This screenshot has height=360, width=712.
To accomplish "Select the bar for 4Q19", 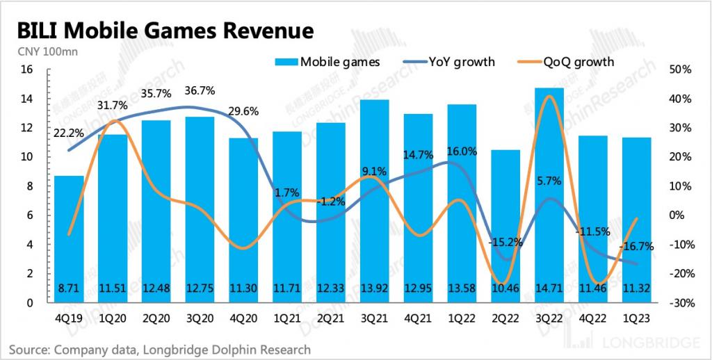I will point(69,239).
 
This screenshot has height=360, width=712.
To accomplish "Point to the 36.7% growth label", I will point(200,90).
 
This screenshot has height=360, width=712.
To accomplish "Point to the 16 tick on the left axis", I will point(27,69).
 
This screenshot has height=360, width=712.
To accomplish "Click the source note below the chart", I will point(160,349).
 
